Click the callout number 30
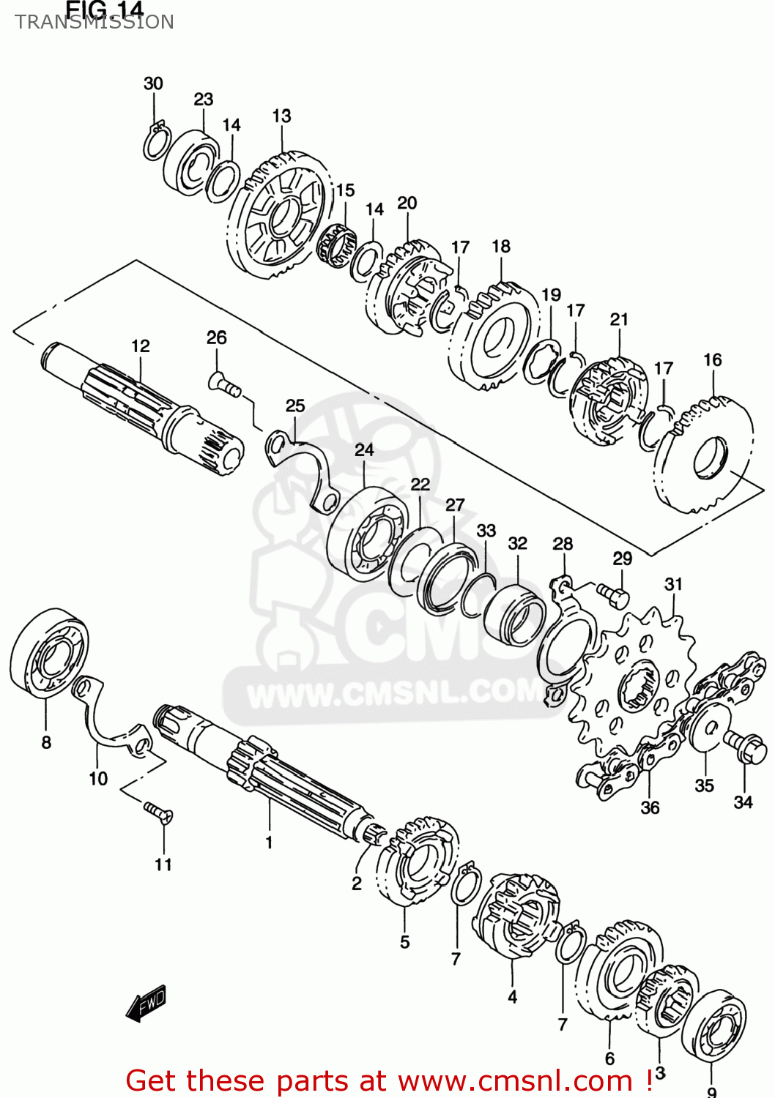(153, 83)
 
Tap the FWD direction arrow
(147, 1004)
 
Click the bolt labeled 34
(745, 747)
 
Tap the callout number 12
(140, 346)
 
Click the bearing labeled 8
(47, 652)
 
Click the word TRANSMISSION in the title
(94, 22)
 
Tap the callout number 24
(364, 449)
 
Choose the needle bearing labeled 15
(336, 245)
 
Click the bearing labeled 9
(713, 1024)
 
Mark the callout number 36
(650, 807)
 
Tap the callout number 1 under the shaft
(269, 843)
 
